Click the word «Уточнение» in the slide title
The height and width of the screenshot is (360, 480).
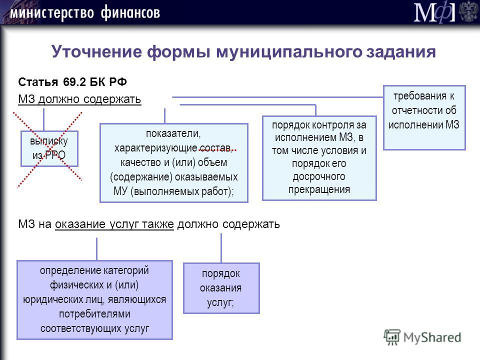pos(96,51)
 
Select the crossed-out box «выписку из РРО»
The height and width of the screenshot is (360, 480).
pos(49,149)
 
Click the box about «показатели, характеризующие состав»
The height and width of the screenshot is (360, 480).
pos(174,163)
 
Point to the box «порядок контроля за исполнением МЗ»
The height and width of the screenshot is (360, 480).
pos(319,158)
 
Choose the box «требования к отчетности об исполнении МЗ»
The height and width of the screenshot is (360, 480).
pos(424,117)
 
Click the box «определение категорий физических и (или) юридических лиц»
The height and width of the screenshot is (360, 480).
pos(94,299)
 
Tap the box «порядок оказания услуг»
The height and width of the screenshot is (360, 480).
pos(221,288)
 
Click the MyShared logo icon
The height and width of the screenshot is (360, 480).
pos(392,337)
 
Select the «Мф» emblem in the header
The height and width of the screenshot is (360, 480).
pos(434,12)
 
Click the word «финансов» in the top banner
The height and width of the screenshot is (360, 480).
pos(130,13)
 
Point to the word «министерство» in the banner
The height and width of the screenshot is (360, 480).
pos(52,13)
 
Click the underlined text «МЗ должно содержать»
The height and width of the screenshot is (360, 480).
pos(79,99)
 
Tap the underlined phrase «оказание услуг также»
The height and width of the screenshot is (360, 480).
pos(114,224)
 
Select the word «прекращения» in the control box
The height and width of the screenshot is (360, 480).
pos(319,189)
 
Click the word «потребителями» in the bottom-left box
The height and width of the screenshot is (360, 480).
pos(94,314)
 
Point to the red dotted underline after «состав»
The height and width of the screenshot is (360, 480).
pos(217,150)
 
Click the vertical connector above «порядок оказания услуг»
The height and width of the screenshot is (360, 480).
pos(221,248)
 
